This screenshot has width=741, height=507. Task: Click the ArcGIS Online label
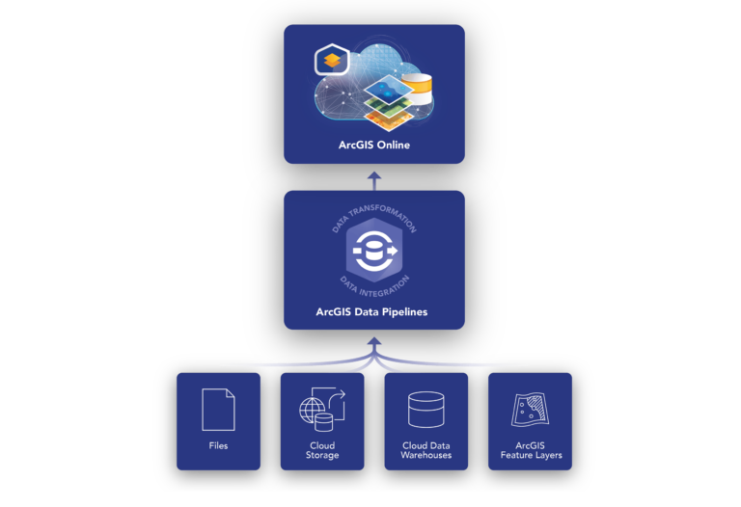(373, 146)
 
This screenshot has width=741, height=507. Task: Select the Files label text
(218, 446)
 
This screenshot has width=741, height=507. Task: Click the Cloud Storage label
(322, 450)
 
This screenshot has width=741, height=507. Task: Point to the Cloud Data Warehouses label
(425, 450)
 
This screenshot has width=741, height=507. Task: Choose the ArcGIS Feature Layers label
(530, 450)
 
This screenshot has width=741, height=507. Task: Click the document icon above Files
(218, 410)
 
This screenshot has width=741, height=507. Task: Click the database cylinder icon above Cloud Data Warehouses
(425, 410)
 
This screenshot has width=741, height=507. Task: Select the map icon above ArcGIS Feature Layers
(530, 410)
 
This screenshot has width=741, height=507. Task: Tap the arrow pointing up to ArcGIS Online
(373, 177)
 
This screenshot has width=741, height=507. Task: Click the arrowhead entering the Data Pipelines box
(373, 336)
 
